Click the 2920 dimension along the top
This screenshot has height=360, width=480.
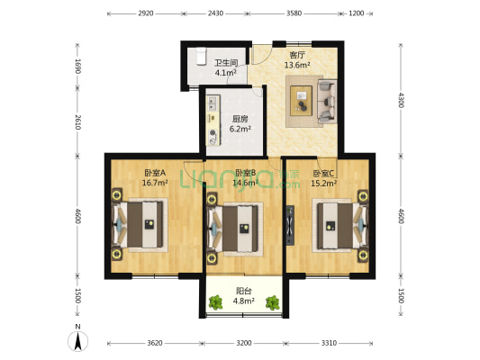pos(146,13)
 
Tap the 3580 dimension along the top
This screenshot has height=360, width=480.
pos(294,13)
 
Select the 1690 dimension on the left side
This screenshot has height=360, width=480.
pos(77,66)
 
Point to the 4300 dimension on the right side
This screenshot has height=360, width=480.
pos(401,100)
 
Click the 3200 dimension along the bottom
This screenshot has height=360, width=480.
pos(244,343)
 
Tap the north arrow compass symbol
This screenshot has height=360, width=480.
pos(77,340)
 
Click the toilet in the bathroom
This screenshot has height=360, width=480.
pos(201,56)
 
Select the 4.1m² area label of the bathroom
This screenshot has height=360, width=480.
pos(226,73)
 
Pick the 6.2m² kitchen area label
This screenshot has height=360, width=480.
pos(240,129)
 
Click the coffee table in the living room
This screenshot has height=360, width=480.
pos(301,101)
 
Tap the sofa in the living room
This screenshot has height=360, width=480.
pos(327,102)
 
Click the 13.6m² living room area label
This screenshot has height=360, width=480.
pos(297,65)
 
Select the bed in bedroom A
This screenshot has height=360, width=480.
pos(140,225)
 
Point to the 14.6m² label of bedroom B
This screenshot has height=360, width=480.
pos(246,184)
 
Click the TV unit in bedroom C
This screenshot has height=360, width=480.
pos(290,225)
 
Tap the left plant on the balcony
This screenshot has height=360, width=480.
pos(216,302)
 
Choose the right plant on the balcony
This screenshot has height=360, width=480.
pos(273,302)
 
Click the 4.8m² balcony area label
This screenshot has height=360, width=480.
pos(244,301)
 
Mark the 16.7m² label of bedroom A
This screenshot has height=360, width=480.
pos(155,183)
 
